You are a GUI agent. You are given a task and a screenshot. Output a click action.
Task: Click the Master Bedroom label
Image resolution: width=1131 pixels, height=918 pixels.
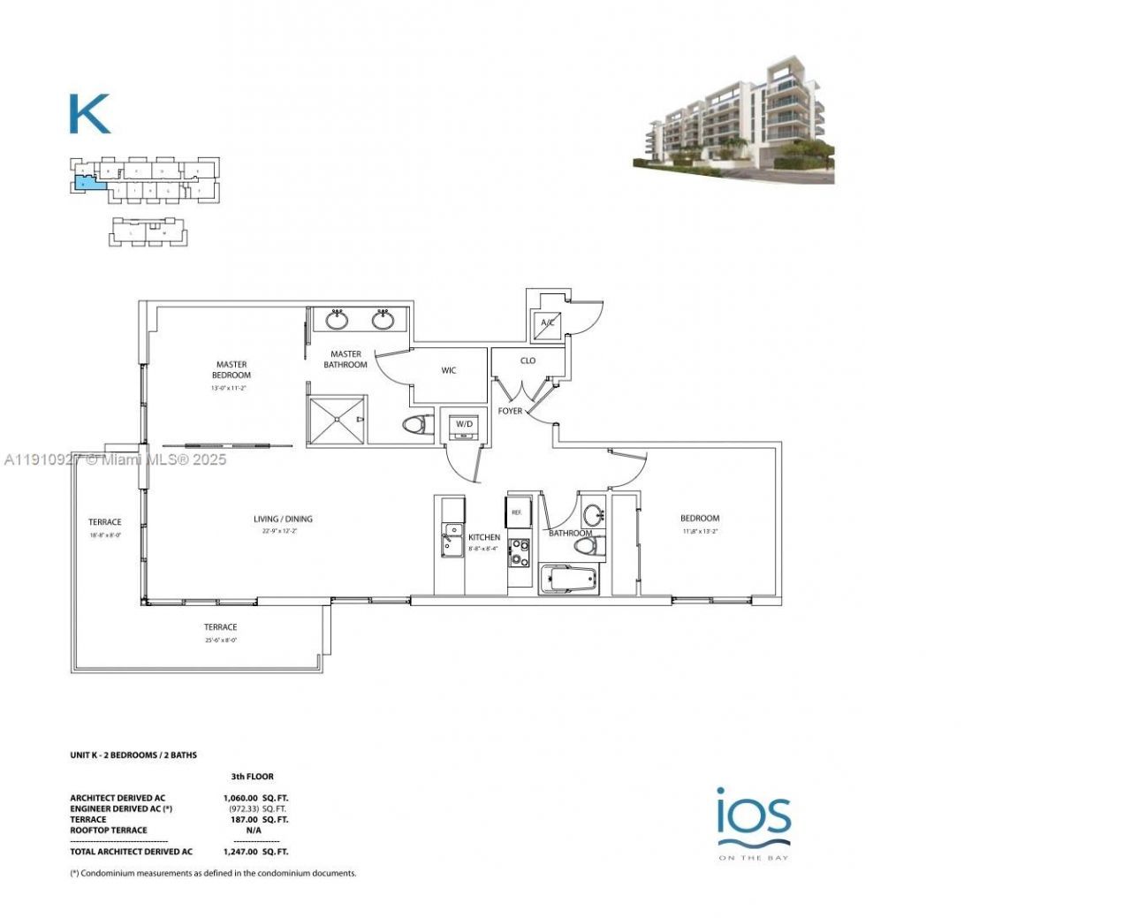pyautogui.click(x=232, y=369)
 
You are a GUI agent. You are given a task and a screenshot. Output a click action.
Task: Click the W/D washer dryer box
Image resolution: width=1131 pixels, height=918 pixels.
pyautogui.click(x=464, y=424)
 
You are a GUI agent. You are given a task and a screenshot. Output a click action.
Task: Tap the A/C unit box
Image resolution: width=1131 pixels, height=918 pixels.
pyautogui.click(x=548, y=323)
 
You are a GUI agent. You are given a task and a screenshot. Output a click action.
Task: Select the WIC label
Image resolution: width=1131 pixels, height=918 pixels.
pyautogui.click(x=449, y=370)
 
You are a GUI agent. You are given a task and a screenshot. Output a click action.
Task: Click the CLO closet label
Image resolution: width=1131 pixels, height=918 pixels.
pyautogui.click(x=528, y=360)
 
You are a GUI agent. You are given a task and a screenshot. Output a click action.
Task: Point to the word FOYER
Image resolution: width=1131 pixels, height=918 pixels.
pyautogui.click(x=511, y=411)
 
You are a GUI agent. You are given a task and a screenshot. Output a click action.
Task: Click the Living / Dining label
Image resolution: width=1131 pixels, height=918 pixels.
pyautogui.click(x=283, y=519)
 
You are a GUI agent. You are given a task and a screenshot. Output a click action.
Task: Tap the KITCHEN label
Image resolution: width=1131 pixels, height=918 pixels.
pyautogui.click(x=484, y=537)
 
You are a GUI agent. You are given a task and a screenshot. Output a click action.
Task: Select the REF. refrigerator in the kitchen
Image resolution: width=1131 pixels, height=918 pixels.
pyautogui.click(x=516, y=511)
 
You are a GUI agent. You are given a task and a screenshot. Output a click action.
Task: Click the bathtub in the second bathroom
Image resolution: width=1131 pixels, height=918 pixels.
pyautogui.click(x=568, y=580)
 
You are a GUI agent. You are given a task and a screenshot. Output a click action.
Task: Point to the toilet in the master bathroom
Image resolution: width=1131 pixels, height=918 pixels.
pyautogui.click(x=414, y=425)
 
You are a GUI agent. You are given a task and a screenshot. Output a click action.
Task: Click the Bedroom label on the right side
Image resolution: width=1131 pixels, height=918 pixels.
pyautogui.click(x=700, y=519)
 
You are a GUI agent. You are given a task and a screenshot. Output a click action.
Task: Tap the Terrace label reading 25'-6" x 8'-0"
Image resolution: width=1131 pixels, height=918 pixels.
pyautogui.click(x=221, y=627)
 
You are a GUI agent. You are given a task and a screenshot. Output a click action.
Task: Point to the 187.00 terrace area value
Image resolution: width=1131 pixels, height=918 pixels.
pyautogui.click(x=242, y=819)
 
